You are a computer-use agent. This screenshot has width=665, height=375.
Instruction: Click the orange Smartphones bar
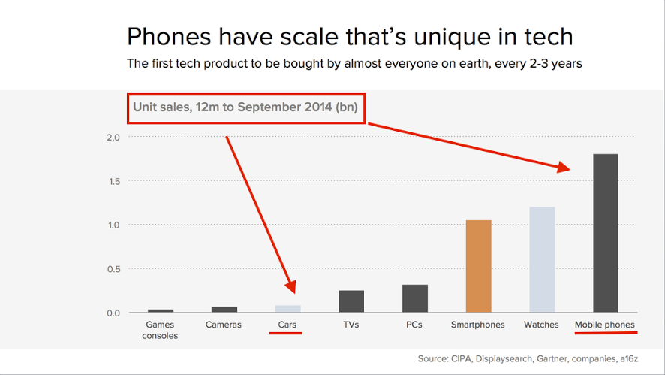pyautogui.click(x=478, y=267)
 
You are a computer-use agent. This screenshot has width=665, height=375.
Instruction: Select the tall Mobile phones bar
pyautogui.click(x=605, y=233)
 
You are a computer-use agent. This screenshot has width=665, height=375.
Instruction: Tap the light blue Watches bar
pyautogui.click(x=542, y=259)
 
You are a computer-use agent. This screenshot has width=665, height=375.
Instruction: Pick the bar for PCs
pyautogui.click(x=415, y=298)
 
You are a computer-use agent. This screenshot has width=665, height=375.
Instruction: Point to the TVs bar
pyautogui.click(x=351, y=301)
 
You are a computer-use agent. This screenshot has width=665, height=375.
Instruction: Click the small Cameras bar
pyautogui.click(x=224, y=309)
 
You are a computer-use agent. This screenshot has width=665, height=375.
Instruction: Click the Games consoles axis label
pyautogui.click(x=161, y=330)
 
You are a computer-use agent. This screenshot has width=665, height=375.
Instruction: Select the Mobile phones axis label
pyautogui.click(x=605, y=325)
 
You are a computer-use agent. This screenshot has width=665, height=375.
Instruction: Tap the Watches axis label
pyautogui.click(x=542, y=325)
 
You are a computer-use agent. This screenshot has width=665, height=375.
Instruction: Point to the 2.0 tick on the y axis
pyautogui.click(x=113, y=138)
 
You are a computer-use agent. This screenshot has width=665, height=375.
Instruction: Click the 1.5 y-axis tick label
pyautogui.click(x=113, y=181)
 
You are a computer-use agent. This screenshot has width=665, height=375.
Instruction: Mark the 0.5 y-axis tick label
pyautogui.click(x=113, y=269)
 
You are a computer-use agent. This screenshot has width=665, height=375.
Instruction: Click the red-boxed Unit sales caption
pyautogui.click(x=246, y=107)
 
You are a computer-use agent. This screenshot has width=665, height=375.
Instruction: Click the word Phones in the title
pyautogui.click(x=165, y=36)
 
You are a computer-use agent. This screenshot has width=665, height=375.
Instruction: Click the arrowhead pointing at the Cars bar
pyautogui.click(x=290, y=286)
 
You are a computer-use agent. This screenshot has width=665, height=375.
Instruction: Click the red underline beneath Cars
pyautogui.click(x=285, y=333)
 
